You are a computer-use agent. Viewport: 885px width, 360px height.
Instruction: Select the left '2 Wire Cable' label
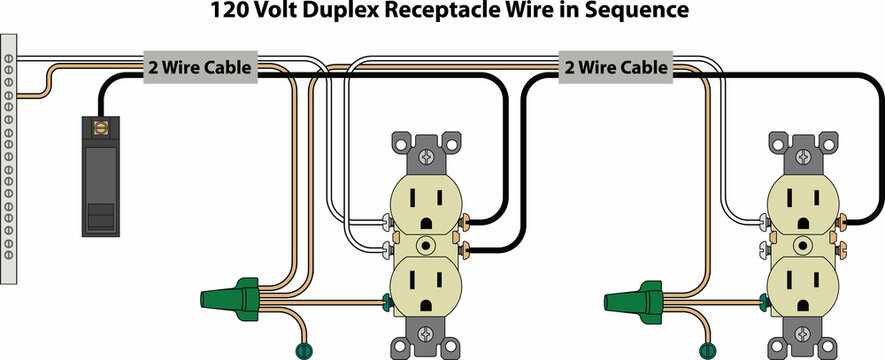(x=200, y=68)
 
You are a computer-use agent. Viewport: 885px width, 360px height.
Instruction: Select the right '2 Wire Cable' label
(x=615, y=68)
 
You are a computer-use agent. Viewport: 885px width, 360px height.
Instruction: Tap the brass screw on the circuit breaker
(x=99, y=127)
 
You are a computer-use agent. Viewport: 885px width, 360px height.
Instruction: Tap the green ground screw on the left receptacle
(x=386, y=299)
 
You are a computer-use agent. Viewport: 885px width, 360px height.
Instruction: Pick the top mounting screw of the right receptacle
(x=804, y=157)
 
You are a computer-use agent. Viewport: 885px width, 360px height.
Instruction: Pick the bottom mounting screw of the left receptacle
(x=427, y=333)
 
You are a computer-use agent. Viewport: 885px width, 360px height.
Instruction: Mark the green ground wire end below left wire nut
(x=298, y=350)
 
